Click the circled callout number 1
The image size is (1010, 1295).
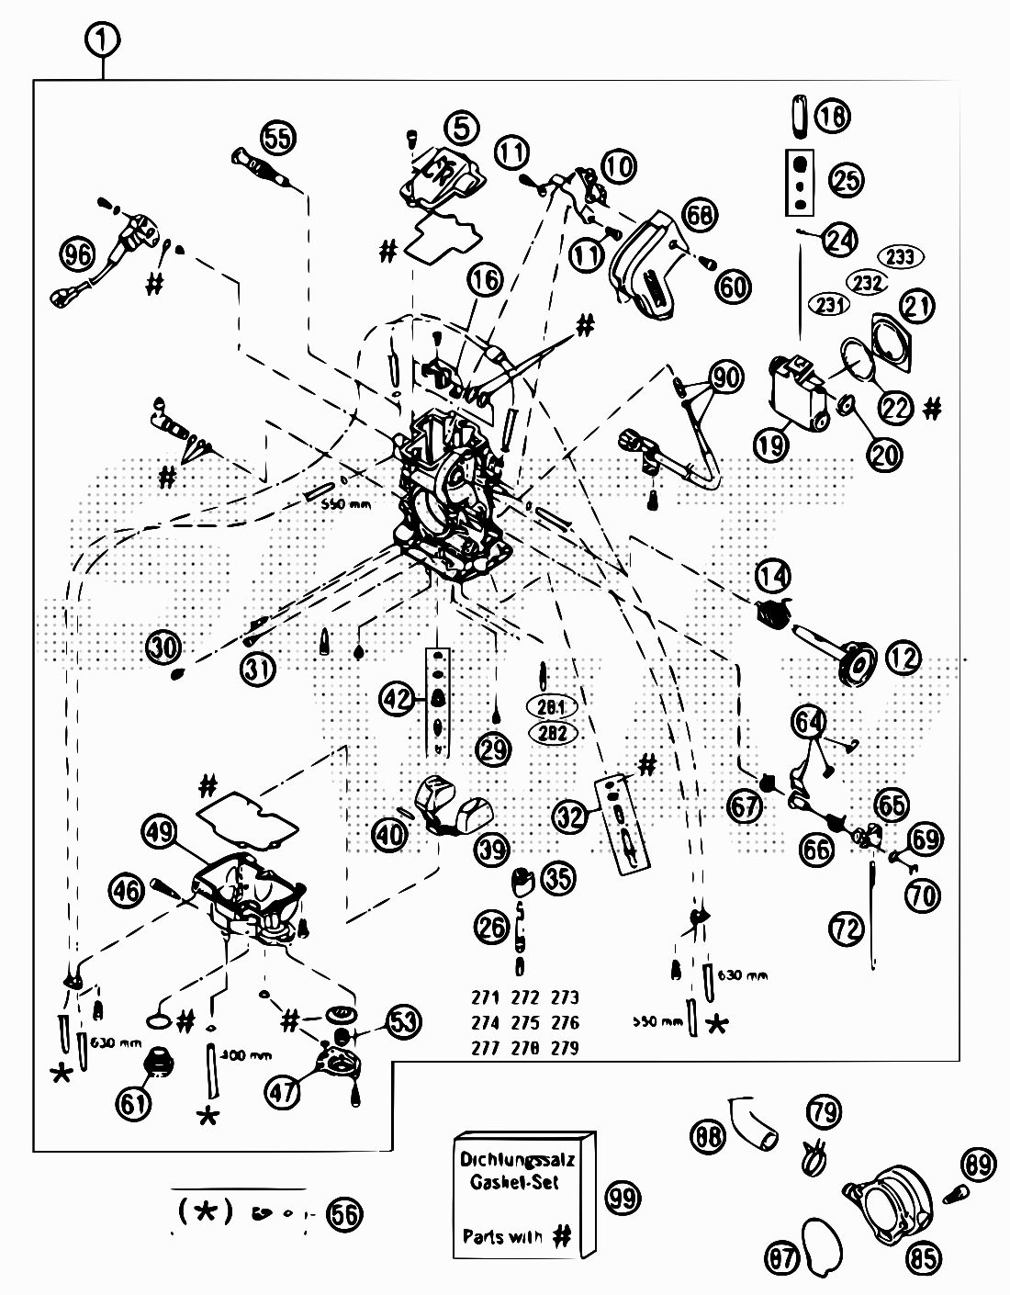[104, 39]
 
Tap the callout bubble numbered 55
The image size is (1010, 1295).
[276, 136]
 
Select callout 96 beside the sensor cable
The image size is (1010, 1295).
[78, 253]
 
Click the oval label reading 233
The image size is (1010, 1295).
[901, 257]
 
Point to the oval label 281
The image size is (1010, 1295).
[552, 707]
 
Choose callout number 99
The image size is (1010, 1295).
[624, 1197]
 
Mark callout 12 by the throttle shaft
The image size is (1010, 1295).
[903, 658]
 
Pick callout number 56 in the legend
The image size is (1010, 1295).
[344, 1214]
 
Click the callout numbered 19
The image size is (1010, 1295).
[771, 445]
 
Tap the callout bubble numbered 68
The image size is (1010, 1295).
[700, 215]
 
